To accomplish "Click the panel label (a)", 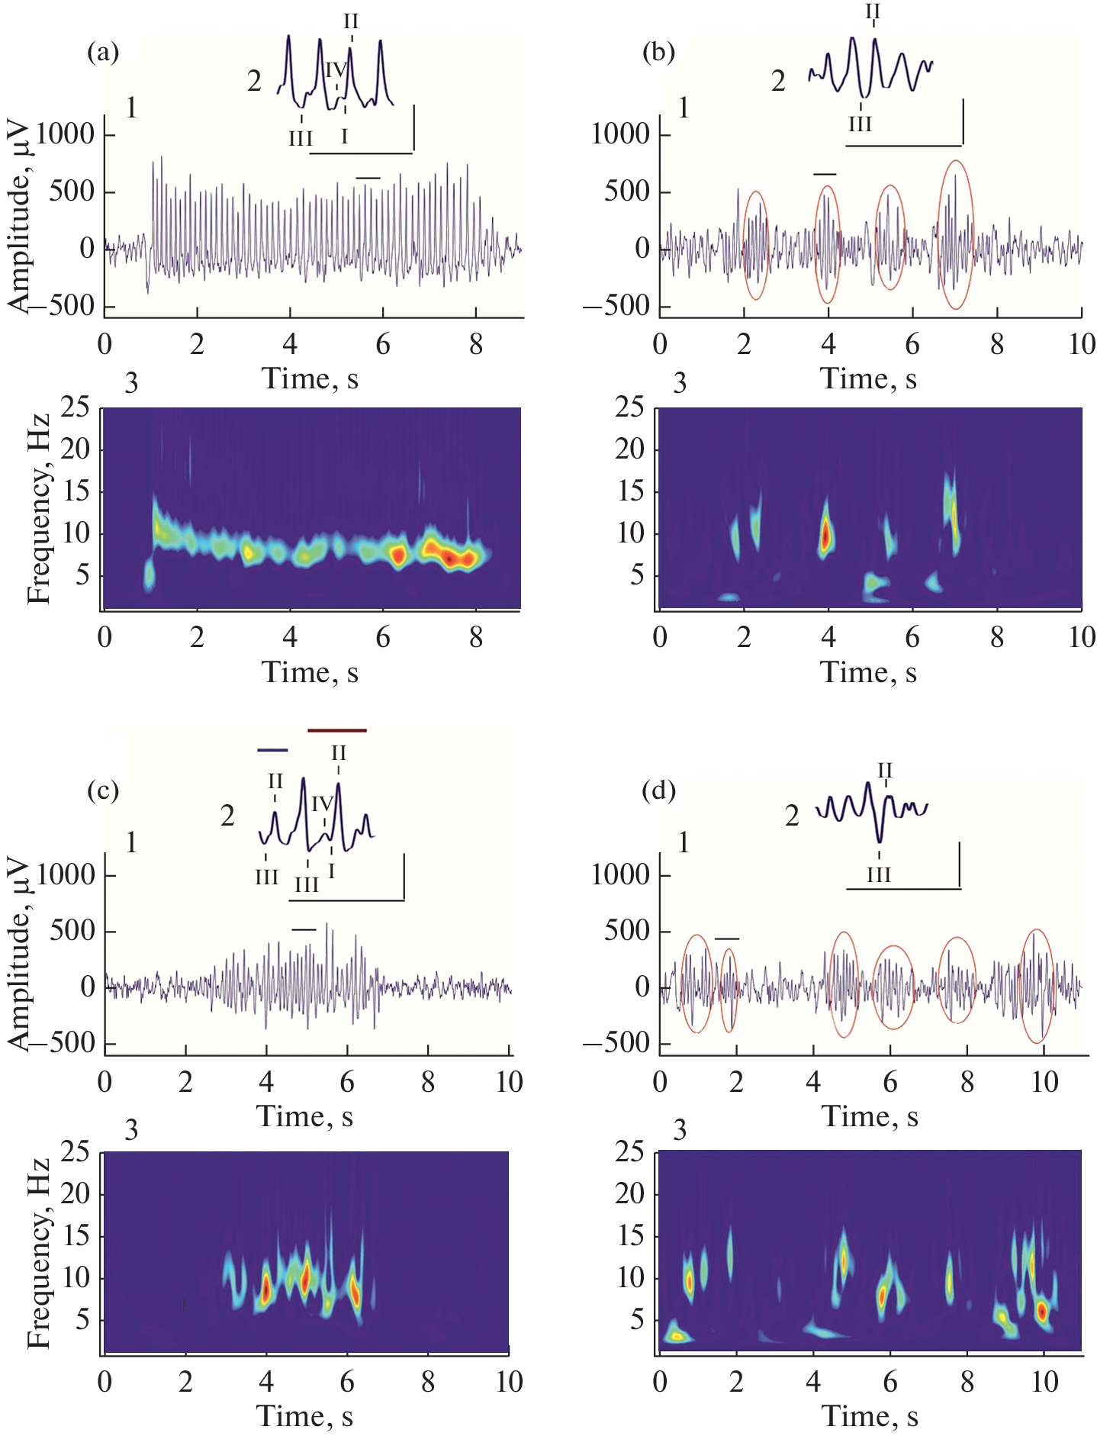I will point(103,53).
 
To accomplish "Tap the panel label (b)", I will point(658,53).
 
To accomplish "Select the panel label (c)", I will point(103,791).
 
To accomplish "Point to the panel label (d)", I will point(658,791).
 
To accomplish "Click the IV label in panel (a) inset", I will point(336,71).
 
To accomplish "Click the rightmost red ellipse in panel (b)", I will point(956,235).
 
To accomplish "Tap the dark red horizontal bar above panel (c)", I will point(337,731).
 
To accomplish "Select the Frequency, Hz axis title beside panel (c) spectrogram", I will point(38,1252).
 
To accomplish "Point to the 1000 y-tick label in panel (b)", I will point(620,135).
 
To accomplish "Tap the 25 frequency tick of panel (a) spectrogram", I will point(75,408).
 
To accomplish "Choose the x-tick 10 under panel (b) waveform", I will point(1081,344).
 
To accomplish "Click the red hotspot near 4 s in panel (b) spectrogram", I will point(825,534).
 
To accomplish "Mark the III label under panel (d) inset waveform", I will point(879,875).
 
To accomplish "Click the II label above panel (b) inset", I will point(873,12).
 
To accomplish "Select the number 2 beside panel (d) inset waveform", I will point(793,816).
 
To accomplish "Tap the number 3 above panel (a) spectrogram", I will point(131,383).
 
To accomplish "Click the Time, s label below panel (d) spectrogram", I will point(870,1416).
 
